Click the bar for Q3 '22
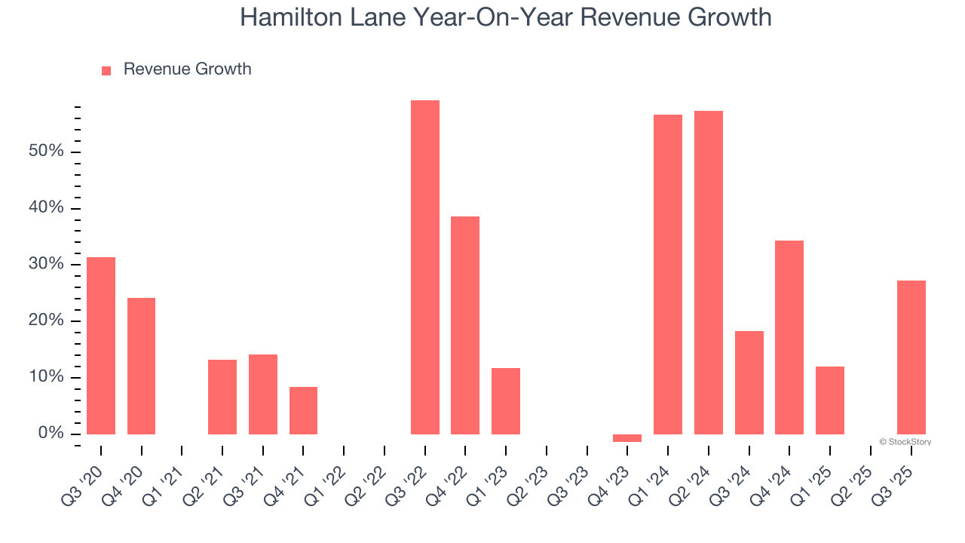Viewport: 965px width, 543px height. tap(424, 267)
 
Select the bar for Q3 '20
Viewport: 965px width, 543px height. tap(101, 345)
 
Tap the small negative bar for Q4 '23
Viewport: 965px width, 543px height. tap(627, 438)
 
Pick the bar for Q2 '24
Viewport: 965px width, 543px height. tap(709, 272)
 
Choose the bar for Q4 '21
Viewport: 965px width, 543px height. tap(303, 410)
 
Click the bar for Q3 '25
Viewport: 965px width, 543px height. tap(911, 357)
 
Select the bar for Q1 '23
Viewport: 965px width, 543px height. tap(506, 401)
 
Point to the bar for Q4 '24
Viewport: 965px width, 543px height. tap(789, 337)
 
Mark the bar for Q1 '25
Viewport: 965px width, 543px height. tap(830, 400)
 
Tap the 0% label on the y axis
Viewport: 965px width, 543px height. tap(51, 433)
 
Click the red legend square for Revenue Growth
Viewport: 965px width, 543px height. tap(106, 70)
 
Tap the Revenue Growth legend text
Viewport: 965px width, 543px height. tap(187, 69)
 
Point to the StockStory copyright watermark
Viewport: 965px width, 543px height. tap(905, 442)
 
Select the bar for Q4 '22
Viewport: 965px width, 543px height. tap(465, 325)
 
